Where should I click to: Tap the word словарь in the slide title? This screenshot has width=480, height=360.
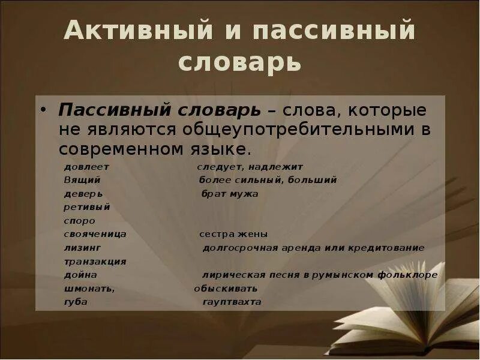coord(239,62)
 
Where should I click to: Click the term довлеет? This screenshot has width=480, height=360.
coord(86,167)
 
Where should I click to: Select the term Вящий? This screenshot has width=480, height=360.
coord(82,180)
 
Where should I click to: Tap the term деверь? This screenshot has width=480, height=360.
coord(83,194)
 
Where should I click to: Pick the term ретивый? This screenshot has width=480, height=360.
coord(87,207)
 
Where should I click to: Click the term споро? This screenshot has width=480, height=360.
coord(79,221)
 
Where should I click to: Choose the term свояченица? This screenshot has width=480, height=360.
coord(95,234)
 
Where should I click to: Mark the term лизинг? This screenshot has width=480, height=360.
coord(82,248)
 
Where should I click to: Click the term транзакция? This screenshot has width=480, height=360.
coord(95,262)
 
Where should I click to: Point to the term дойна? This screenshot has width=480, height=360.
coord(80,275)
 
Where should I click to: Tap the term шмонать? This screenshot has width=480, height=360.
coord(89,289)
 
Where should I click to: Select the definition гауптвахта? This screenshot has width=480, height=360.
coord(232,302)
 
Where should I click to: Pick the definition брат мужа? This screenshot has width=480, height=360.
coord(230,194)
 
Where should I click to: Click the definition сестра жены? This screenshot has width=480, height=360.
coord(233,234)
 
